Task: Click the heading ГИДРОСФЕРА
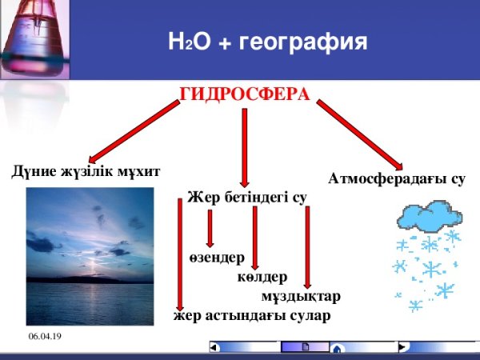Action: click(244, 94)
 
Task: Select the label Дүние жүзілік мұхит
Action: click(86, 171)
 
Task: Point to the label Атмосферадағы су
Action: click(396, 179)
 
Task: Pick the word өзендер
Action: click(217, 258)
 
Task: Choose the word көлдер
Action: click(262, 278)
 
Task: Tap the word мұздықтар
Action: click(300, 296)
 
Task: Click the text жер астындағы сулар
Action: click(251, 315)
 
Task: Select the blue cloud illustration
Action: click(430, 215)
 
